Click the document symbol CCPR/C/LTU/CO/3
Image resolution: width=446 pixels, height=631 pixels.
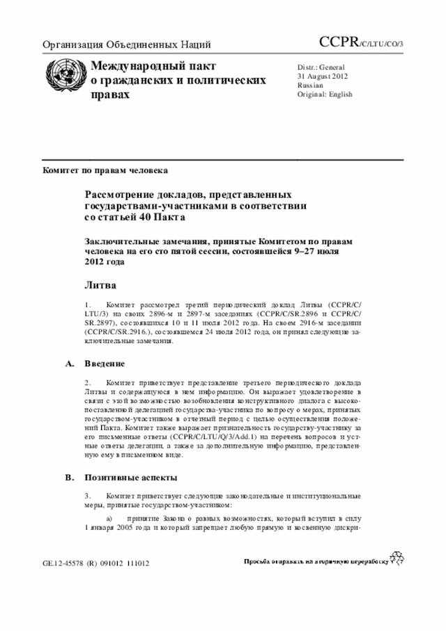[365, 44]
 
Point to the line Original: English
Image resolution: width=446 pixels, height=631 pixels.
[325, 94]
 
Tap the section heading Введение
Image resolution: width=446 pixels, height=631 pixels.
[105, 364]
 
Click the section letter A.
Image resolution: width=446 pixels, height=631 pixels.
[68, 364]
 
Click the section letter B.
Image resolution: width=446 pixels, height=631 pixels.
[68, 478]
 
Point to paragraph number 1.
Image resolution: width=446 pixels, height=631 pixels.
[87, 305]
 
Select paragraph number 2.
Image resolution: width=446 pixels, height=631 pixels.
[87, 383]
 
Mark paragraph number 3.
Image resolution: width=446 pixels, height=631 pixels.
[87, 496]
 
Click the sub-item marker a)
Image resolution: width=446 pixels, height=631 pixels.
[109, 519]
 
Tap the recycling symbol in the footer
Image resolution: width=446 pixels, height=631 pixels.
[396, 558]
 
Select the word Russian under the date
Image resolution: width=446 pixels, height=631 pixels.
[310, 85]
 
